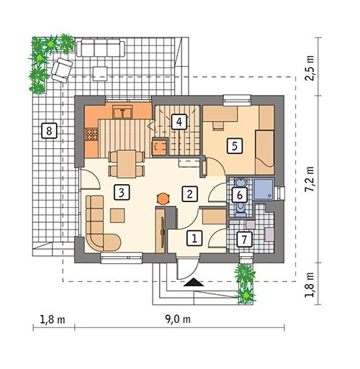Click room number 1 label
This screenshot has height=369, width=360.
(193, 236)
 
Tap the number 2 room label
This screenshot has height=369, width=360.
(189, 193)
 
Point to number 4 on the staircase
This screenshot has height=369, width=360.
(177, 122)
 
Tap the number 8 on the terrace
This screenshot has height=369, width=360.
(48, 131)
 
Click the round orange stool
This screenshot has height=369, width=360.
(163, 195)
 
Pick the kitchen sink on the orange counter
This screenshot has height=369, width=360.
(124, 111)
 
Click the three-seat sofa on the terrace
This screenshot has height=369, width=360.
(100, 50)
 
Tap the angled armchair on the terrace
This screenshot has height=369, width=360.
(60, 67)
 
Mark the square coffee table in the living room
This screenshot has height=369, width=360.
(117, 214)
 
